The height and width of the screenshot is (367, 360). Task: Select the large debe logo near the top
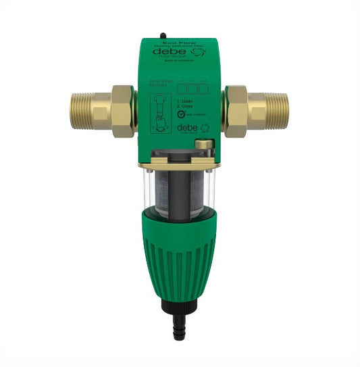(168, 51)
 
